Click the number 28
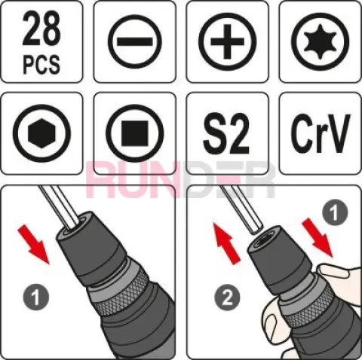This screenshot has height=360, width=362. tap(41, 29)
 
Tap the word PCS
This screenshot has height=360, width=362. tap(41, 65)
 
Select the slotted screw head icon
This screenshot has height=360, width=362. tap(134, 42)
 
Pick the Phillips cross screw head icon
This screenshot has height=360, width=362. tap(227, 41)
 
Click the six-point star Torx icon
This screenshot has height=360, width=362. tap(321, 41)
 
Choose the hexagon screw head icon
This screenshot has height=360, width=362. tap(41, 133)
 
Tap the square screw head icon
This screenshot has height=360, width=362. tap(134, 133)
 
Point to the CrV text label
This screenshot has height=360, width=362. tap(321, 133)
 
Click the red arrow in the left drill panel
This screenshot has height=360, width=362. tap(35, 244)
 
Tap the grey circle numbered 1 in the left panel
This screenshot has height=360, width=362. tap(36, 297)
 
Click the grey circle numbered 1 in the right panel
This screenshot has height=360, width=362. tap(335, 213)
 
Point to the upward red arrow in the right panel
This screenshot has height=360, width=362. tap(227, 243)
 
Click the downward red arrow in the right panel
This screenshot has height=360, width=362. tap(318, 238)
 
